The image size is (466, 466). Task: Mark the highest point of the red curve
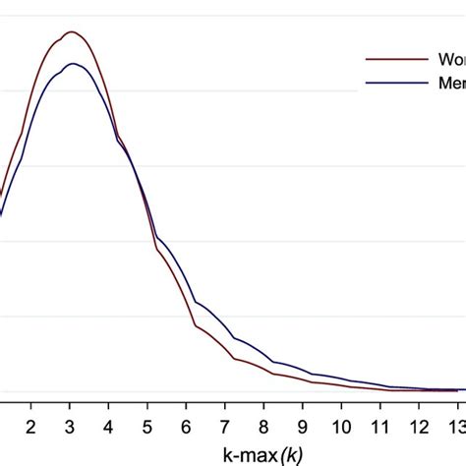click(71, 31)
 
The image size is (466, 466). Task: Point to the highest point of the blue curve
click(72, 64)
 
